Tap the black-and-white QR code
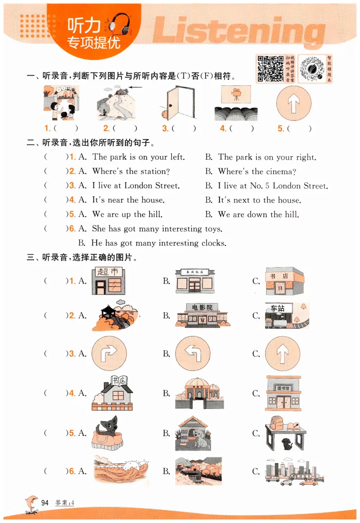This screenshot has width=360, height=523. [x=270, y=69]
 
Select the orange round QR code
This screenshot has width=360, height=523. [x=312, y=69]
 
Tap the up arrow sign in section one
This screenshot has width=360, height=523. [x=293, y=103]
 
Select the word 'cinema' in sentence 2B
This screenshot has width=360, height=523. [x=280, y=172]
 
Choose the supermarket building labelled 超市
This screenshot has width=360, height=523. [x=108, y=281]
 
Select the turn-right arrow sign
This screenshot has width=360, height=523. [x=108, y=353]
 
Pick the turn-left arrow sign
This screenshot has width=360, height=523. [x=193, y=353]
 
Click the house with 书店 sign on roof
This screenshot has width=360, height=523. [x=112, y=393]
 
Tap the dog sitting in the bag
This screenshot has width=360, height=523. [x=108, y=433]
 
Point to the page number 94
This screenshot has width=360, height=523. [x=45, y=503]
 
